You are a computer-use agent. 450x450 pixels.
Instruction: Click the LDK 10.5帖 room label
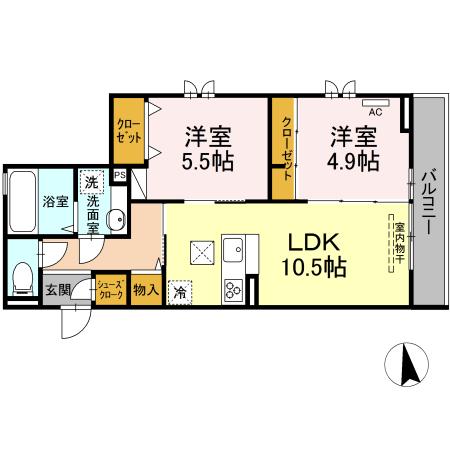[x=314, y=255]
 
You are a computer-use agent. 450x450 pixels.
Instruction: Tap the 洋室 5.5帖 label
[x=208, y=148]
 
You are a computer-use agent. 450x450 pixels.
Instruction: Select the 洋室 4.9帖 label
[x=353, y=148]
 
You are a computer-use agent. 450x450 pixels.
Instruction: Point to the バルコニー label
[x=427, y=202]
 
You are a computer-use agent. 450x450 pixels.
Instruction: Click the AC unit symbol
[x=376, y=103]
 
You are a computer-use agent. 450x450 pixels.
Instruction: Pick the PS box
[x=120, y=175]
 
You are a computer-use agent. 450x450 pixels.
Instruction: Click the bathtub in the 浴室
[x=23, y=201]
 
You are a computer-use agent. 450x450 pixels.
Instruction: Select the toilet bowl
[x=23, y=278]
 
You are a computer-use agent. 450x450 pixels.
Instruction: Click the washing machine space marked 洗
[x=91, y=182]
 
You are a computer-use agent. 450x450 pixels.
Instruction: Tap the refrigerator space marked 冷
[x=180, y=293]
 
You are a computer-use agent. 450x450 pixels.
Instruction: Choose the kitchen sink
[x=234, y=249]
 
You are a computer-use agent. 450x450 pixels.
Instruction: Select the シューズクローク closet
[x=111, y=289]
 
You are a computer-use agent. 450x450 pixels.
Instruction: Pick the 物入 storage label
[x=146, y=290]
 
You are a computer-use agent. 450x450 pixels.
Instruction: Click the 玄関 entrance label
[x=58, y=290]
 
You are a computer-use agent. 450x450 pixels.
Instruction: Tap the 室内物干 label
[x=400, y=243]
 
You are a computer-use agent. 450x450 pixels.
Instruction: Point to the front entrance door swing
[x=76, y=323]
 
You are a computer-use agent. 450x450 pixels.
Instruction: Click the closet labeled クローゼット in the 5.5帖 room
[x=129, y=131]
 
